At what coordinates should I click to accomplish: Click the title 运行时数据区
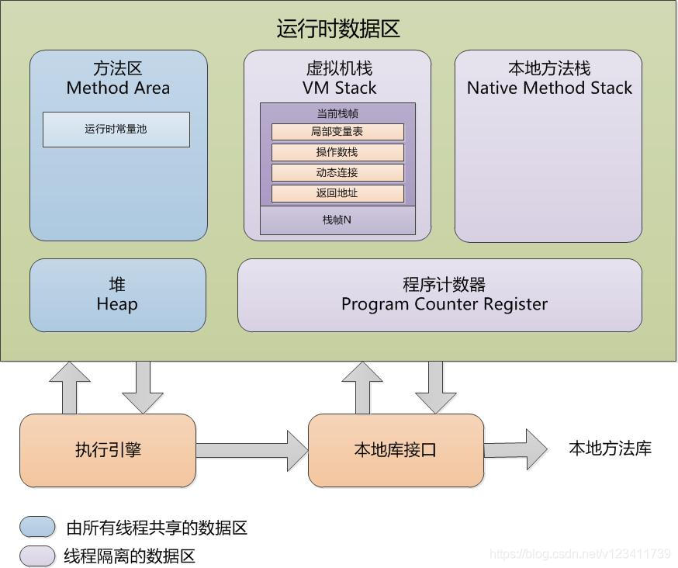[x=338, y=29]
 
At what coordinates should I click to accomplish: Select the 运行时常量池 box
[x=116, y=130]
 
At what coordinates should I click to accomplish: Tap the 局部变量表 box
[x=337, y=132]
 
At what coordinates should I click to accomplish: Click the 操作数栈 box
[x=337, y=152]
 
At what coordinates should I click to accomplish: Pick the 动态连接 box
[x=337, y=172]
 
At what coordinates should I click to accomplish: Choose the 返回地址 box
[x=337, y=193]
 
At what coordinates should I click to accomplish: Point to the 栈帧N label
[x=337, y=220]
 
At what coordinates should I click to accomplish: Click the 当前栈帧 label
[x=337, y=113]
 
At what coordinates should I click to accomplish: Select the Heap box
[x=117, y=295]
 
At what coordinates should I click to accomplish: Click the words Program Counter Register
[x=444, y=304]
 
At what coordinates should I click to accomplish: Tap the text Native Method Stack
[x=549, y=88]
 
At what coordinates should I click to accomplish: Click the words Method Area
[x=118, y=88]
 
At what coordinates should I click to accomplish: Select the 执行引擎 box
[x=108, y=450]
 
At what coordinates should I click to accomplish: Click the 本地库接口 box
[x=396, y=450]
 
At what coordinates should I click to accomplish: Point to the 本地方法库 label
[x=610, y=449]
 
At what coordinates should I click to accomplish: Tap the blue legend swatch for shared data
[x=37, y=528]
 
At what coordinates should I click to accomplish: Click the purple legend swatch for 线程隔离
[x=37, y=556]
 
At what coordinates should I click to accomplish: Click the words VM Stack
[x=339, y=88]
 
